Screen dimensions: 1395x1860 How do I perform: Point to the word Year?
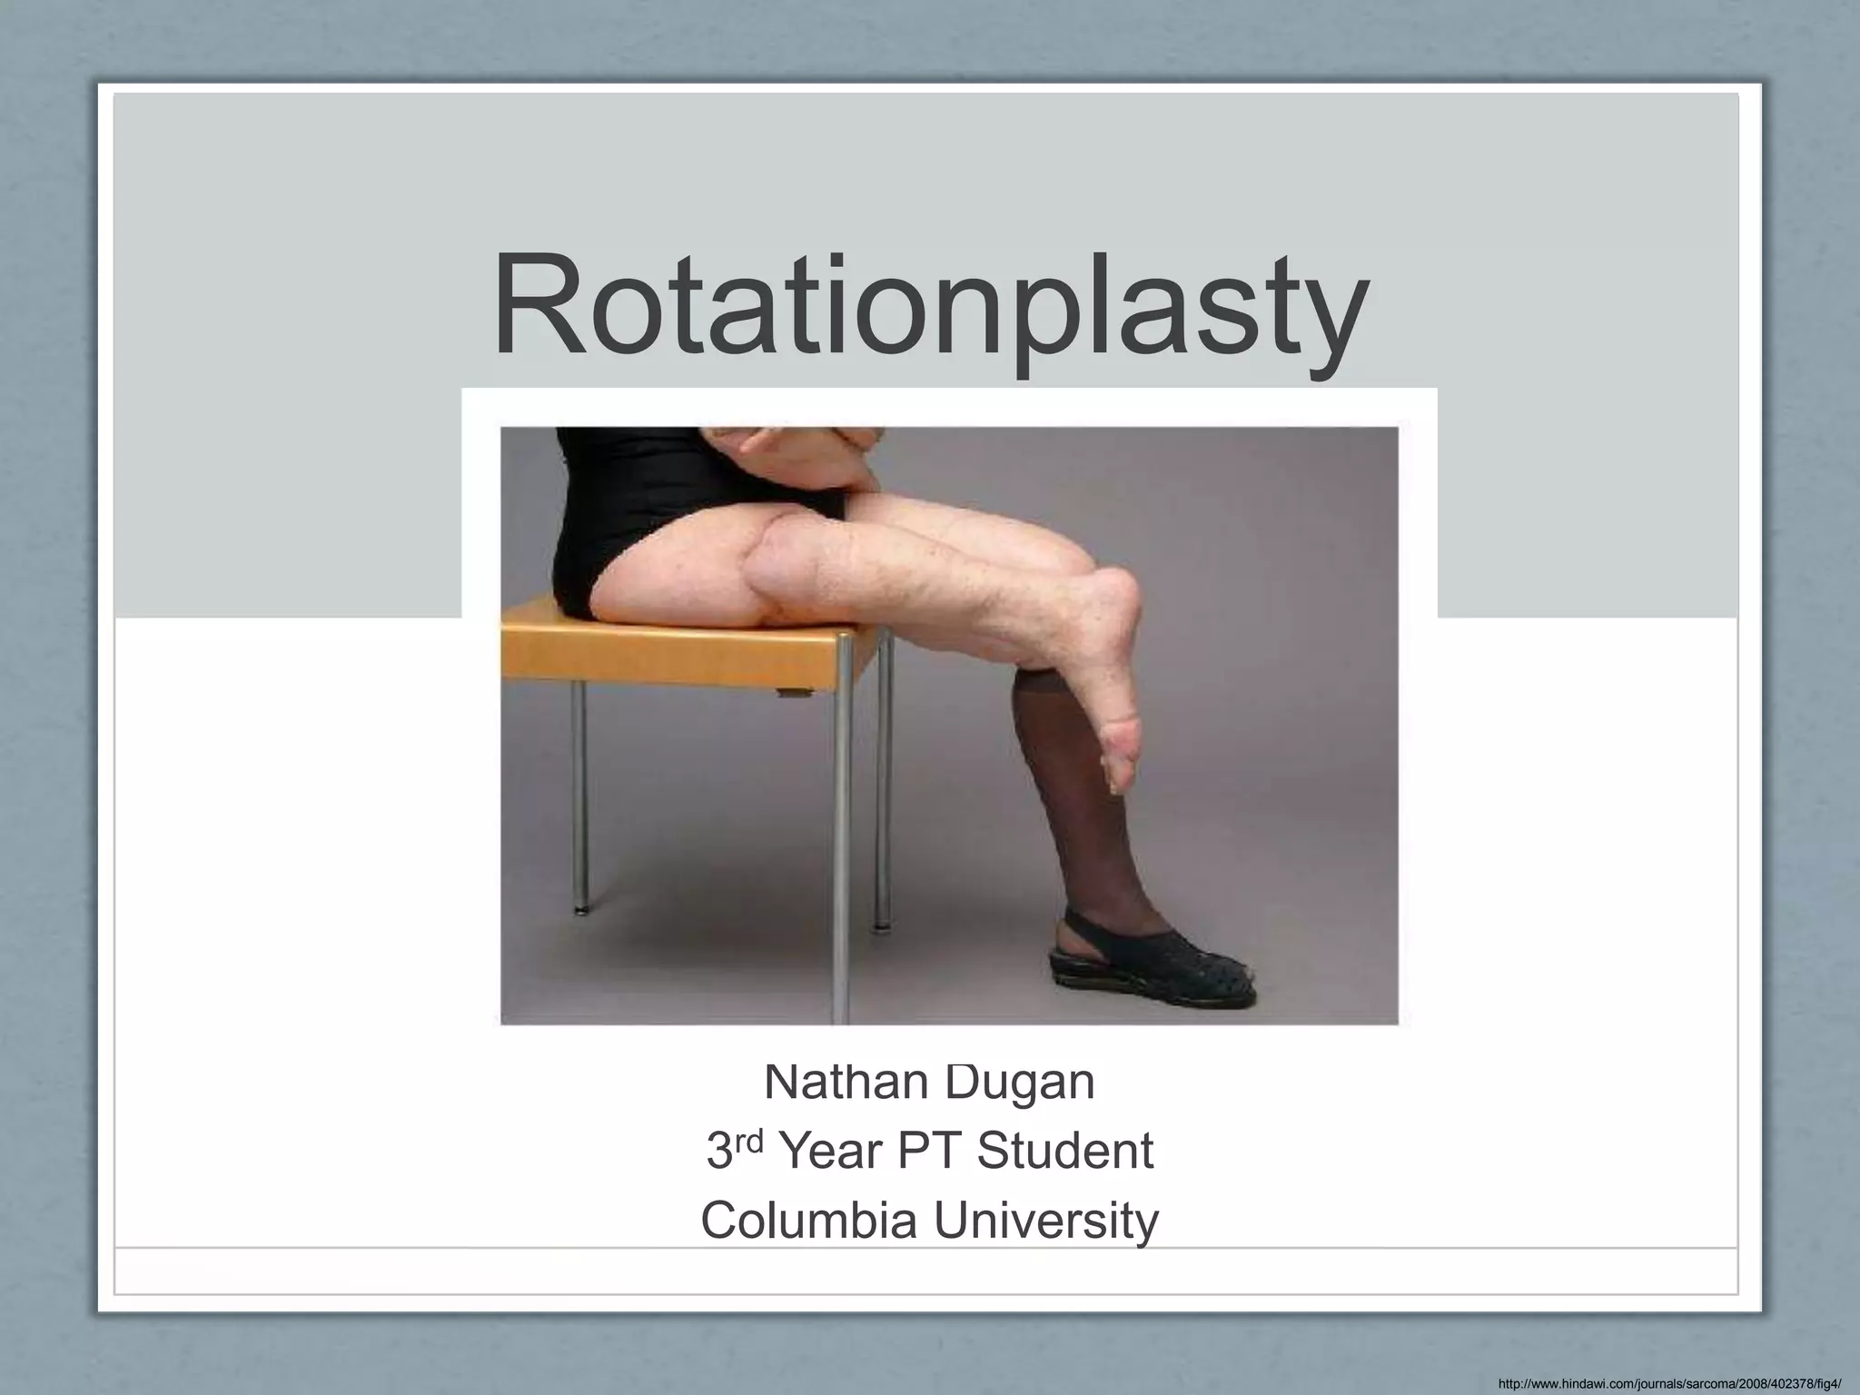pyautogui.click(x=831, y=1152)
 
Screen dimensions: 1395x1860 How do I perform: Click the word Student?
pyautogui.click(x=1064, y=1152)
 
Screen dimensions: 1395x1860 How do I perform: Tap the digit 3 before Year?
pyautogui.click(x=719, y=1152)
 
